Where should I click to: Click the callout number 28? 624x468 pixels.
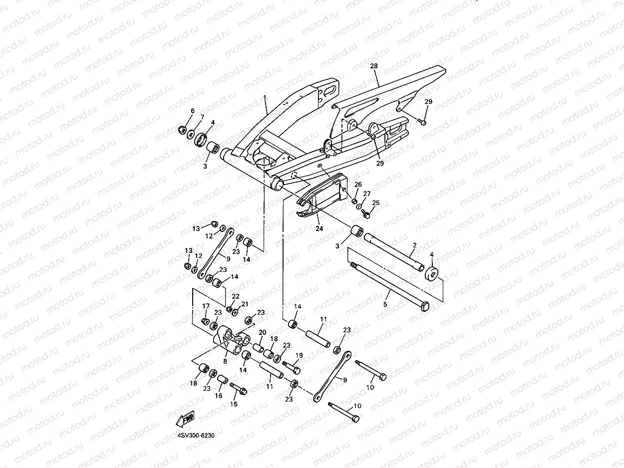[374, 66]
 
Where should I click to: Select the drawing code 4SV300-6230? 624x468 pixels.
[196, 435]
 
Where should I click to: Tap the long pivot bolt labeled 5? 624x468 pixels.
[389, 288]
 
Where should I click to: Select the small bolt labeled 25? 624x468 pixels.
[365, 215]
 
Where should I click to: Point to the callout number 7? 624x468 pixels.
[202, 117]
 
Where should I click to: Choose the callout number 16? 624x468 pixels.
[218, 396]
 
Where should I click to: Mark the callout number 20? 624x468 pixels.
[262, 333]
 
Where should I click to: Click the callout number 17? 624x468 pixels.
[206, 306]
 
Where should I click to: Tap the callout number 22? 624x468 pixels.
[235, 296]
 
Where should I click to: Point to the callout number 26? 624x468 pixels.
[358, 185]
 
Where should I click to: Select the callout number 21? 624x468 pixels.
[245, 304]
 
